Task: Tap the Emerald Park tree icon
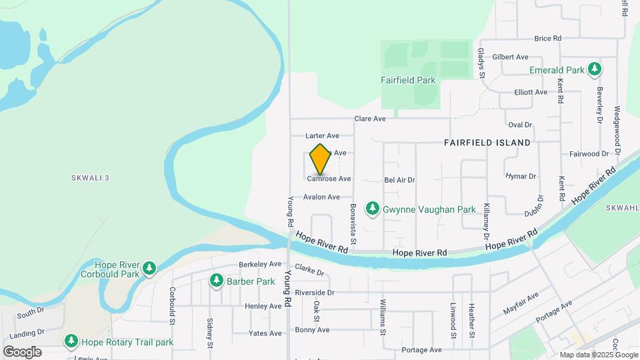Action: click(x=593, y=69)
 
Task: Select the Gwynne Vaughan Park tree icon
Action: click(x=373, y=209)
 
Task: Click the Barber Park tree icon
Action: click(x=216, y=281)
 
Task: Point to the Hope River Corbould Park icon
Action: click(x=150, y=269)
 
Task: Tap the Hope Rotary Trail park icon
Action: click(x=71, y=342)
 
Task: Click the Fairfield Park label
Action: click(x=408, y=80)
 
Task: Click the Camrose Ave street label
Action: click(x=329, y=179)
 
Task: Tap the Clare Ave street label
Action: click(x=370, y=119)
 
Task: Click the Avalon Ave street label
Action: click(x=321, y=197)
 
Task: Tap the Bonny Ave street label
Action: click(x=312, y=329)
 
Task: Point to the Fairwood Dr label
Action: click(x=589, y=153)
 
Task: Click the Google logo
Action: click(x=22, y=351)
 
